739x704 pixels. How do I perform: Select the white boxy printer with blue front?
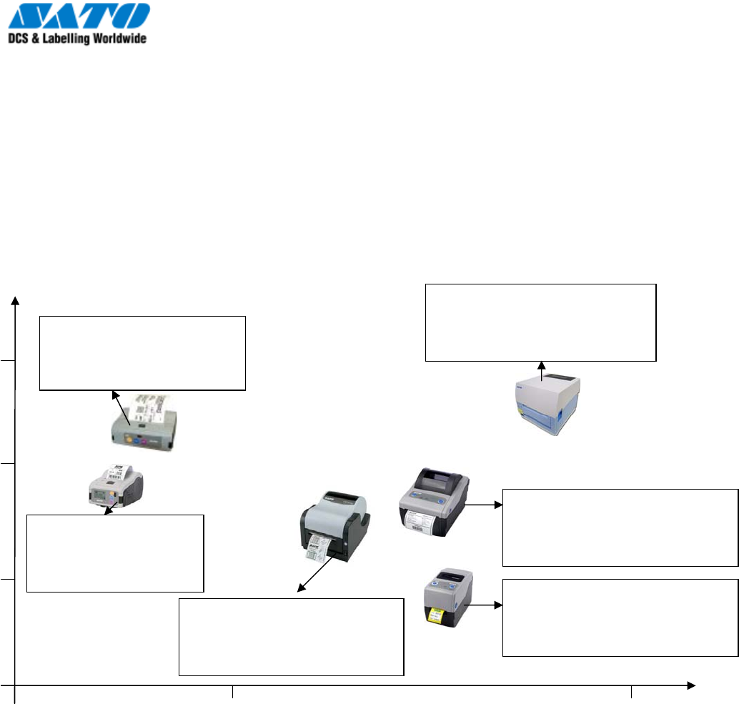pyautogui.click(x=549, y=405)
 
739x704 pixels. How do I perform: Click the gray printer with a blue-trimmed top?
pyautogui.click(x=432, y=501)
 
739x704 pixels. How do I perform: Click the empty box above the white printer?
pyautogui.click(x=540, y=322)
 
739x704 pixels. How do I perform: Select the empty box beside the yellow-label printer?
pyautogui.click(x=620, y=618)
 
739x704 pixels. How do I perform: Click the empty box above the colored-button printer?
pyautogui.click(x=142, y=353)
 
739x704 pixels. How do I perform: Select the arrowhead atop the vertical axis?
pyautogui.click(x=16, y=300)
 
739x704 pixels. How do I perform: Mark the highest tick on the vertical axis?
pyautogui.click(x=8, y=361)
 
